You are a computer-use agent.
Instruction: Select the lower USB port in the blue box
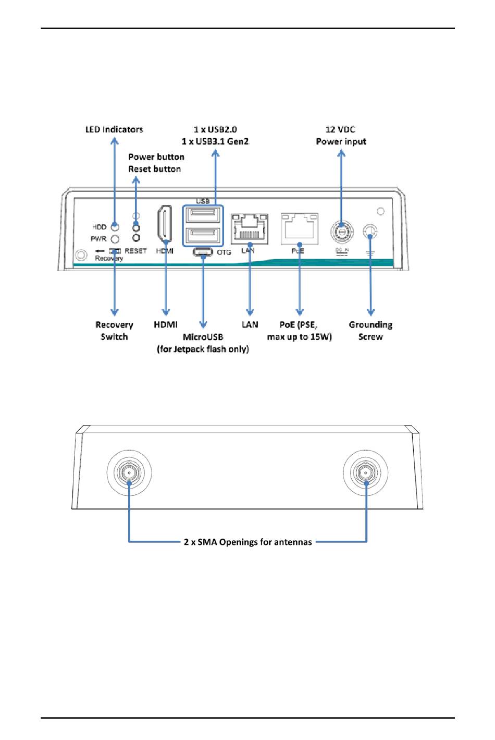pyautogui.click(x=203, y=236)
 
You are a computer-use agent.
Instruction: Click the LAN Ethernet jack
pyautogui.click(x=250, y=228)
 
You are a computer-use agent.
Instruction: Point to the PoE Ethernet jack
pyautogui.click(x=299, y=228)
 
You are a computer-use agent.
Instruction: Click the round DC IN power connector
pyautogui.click(x=342, y=231)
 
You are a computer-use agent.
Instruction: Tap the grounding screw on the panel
pyautogui.click(x=370, y=232)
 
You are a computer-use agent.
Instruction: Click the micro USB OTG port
pyautogui.click(x=203, y=252)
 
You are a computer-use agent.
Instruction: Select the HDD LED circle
pyautogui.click(x=115, y=227)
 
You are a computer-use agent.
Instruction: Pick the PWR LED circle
pyautogui.click(x=115, y=239)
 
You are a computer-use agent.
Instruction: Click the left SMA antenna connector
pyautogui.click(x=129, y=473)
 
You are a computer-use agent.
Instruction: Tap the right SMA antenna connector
pyautogui.click(x=365, y=473)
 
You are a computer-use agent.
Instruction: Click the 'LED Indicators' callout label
pyautogui.click(x=114, y=129)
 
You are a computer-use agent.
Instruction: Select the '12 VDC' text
pyautogui.click(x=340, y=129)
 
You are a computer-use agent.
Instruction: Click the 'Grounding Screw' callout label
pyautogui.click(x=370, y=331)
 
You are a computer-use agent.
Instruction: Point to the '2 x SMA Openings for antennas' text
pyautogui.click(x=248, y=542)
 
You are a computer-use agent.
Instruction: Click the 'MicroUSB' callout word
pyautogui.click(x=203, y=337)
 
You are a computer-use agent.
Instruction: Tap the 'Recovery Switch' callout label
pyautogui.click(x=114, y=331)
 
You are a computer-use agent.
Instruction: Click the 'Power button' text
pyautogui.click(x=156, y=157)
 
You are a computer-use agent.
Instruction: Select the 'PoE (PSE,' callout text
pyautogui.click(x=299, y=325)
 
